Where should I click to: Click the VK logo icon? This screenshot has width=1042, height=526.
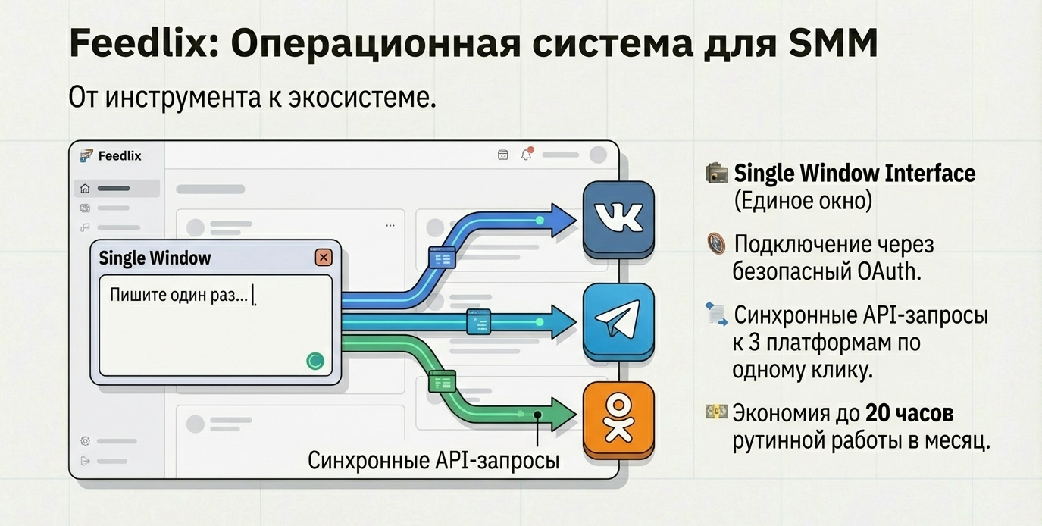[x=618, y=218]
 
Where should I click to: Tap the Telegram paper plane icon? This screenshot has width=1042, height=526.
[x=618, y=321]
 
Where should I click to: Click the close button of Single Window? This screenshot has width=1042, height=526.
[x=324, y=257]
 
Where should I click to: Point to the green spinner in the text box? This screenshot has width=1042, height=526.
[x=315, y=361]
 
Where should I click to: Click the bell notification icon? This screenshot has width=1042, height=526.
[x=526, y=155]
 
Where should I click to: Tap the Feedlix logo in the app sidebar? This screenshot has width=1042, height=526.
[x=86, y=156]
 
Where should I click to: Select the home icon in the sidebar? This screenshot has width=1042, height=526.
[x=85, y=189]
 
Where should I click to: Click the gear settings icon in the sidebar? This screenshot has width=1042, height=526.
[x=85, y=440]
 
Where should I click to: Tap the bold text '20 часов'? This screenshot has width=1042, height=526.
[x=909, y=413]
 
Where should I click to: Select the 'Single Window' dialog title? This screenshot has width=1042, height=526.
[x=155, y=258]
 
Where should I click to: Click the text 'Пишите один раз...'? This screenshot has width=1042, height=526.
[x=179, y=295]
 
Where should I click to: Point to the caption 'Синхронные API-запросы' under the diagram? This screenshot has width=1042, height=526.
[x=433, y=460]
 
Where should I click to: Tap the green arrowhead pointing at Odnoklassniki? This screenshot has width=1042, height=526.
[x=564, y=415]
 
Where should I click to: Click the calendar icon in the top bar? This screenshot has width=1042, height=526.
[x=502, y=155]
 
